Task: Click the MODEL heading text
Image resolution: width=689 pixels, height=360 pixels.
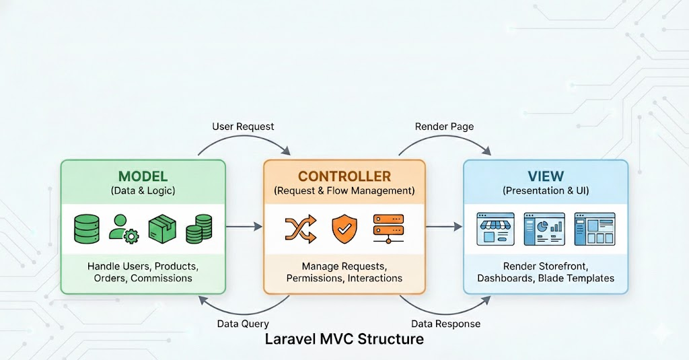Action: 143,176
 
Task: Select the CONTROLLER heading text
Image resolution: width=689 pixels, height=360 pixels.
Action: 344,176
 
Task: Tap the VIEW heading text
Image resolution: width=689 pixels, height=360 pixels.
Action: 546,176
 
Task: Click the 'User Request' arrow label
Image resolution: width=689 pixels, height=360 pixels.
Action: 243,127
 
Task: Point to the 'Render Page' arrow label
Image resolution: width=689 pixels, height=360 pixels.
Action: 444,127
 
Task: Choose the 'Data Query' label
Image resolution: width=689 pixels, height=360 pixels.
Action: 244,324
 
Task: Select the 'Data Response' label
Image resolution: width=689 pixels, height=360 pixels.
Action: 445,324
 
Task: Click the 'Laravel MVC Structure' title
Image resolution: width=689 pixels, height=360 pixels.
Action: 344,339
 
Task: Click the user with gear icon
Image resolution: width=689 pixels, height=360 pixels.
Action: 124,229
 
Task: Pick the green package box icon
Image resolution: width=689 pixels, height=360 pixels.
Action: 161,229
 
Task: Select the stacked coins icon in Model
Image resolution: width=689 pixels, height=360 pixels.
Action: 198,229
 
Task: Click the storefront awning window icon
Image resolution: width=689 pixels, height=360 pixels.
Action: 495,229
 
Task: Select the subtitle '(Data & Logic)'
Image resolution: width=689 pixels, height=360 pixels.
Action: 143,191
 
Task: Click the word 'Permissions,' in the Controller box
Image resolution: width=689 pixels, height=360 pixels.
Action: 315,278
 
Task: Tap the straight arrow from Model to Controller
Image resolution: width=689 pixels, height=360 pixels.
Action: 244,227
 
